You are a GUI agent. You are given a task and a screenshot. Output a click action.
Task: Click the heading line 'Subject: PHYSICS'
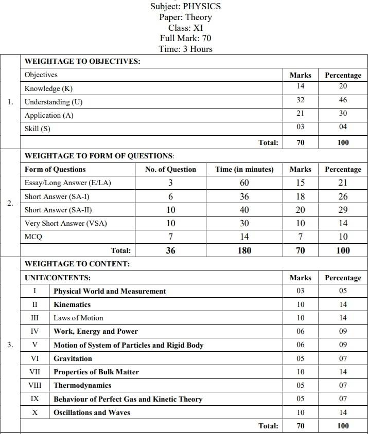(x=185, y=6)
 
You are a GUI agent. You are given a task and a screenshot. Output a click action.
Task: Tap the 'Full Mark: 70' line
(x=185, y=38)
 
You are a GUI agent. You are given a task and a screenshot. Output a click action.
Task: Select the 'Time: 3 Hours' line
(x=185, y=49)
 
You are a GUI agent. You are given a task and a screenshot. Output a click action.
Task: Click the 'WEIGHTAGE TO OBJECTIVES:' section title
(x=82, y=61)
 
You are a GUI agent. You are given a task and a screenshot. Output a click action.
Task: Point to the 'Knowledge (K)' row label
(x=49, y=88)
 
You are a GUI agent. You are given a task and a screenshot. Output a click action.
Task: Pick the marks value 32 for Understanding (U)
(x=300, y=100)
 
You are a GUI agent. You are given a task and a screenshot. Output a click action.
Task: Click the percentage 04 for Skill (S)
(x=343, y=126)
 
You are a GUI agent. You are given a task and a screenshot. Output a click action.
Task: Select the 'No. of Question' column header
(x=170, y=169)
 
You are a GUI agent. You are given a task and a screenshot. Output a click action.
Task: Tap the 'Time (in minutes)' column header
(x=244, y=169)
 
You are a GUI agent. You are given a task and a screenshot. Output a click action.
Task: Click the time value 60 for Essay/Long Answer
(x=244, y=183)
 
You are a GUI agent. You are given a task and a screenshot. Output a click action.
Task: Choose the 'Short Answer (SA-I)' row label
(x=53, y=196)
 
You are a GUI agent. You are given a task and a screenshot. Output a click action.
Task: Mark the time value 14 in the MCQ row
(x=244, y=237)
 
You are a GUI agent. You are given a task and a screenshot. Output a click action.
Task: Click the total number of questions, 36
(x=170, y=250)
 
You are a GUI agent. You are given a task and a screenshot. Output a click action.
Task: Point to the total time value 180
(x=244, y=250)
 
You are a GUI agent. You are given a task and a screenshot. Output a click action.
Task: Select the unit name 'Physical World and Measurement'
(x=110, y=291)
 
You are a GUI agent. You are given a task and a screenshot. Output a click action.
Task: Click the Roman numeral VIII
(x=35, y=385)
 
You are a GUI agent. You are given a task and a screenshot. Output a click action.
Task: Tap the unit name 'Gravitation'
(x=73, y=358)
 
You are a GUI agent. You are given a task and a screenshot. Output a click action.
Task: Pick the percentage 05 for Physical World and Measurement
(x=343, y=291)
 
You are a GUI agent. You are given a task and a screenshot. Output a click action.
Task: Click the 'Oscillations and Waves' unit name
(x=92, y=412)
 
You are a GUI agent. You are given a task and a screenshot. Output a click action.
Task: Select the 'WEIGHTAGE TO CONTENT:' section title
(x=77, y=264)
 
